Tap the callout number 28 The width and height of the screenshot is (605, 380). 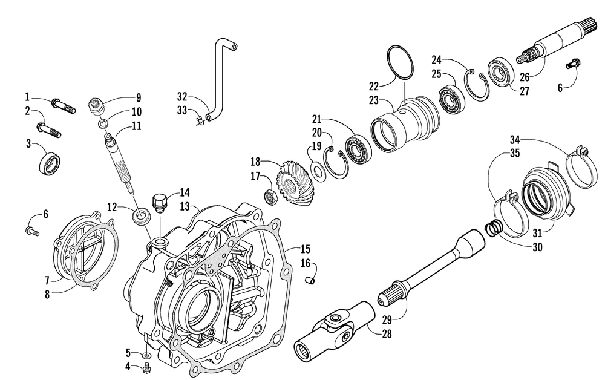coord(385,333)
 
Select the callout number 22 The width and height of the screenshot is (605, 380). coord(374,87)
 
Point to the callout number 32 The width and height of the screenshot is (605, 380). coord(183,96)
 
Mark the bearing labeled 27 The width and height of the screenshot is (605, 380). coord(501,71)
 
